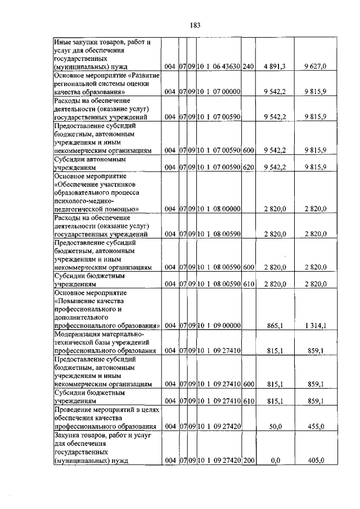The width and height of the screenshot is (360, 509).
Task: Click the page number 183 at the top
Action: [195, 25]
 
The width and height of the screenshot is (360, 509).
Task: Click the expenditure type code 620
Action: [249, 168]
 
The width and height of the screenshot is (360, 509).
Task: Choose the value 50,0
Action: [275, 427]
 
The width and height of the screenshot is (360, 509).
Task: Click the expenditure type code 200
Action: [249, 461]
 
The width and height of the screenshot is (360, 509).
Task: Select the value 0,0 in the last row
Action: [275, 461]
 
